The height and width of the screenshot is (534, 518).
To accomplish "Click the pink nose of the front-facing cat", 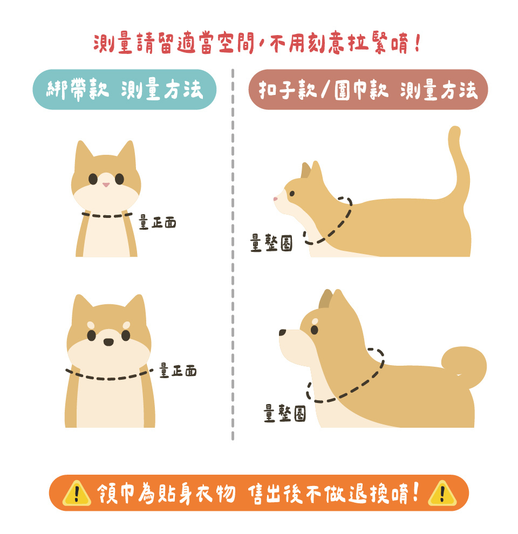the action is click(106, 184).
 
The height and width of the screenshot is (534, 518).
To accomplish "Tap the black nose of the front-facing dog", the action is click(108, 342).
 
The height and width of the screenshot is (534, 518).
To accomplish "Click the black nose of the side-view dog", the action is click(283, 332).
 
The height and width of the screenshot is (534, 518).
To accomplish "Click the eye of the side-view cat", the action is click(292, 194).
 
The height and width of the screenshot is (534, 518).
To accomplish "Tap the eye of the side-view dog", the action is click(314, 330).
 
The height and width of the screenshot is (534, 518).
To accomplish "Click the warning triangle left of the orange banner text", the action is click(77, 494).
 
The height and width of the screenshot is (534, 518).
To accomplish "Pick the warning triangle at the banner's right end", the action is click(442, 494).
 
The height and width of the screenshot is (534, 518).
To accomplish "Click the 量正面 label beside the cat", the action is click(158, 222).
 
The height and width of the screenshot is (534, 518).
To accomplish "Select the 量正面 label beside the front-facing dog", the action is click(178, 371).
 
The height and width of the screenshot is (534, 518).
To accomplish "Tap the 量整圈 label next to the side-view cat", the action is click(271, 243).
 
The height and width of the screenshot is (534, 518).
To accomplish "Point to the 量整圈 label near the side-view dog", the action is click(285, 413).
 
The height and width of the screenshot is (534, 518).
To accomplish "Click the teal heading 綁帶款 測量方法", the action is click(125, 90).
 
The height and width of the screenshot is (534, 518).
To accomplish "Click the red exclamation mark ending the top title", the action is click(418, 42).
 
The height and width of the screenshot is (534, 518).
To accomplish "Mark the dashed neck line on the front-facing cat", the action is click(107, 216).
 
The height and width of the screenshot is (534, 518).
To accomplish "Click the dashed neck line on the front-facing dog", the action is click(109, 378).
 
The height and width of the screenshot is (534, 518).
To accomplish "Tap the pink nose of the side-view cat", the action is click(275, 199).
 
